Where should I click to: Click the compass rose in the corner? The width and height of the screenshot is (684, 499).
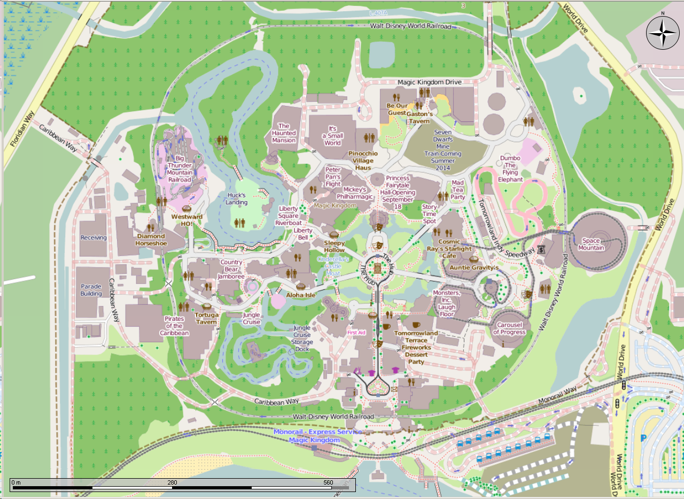pos(663,33)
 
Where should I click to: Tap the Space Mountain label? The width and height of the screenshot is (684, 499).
pos(591,244)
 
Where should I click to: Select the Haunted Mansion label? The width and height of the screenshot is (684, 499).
pos(283,133)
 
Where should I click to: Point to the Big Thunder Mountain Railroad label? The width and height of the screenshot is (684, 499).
pos(179,169)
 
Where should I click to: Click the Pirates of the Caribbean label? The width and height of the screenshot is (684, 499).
pos(174,326)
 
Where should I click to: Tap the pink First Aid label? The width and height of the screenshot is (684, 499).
pos(356,333)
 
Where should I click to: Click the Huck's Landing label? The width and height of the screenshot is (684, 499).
pos(236,199)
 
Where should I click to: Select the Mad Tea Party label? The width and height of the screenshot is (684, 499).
pos(457,190)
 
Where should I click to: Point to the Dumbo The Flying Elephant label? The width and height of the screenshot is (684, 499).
pos(510,168)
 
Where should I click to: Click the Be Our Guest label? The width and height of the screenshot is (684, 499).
pos(397,109)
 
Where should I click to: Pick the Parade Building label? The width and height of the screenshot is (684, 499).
pos(91,290)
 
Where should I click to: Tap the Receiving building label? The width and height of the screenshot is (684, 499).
pos(94,237)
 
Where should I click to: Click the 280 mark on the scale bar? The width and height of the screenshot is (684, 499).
pos(172,482)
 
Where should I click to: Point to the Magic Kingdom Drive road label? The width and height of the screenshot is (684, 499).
pos(429,82)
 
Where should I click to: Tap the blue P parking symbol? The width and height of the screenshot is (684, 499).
pos(643,438)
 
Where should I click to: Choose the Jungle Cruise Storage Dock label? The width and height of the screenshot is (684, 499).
pos(301,339)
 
